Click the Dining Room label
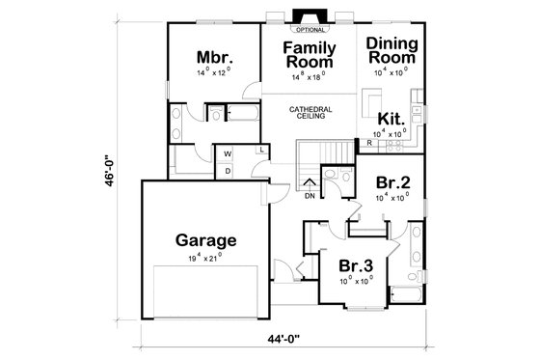point(393,50)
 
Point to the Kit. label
point(390,117)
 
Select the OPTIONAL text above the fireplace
point(310,30)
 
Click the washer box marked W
point(228,153)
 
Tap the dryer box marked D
point(228,171)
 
